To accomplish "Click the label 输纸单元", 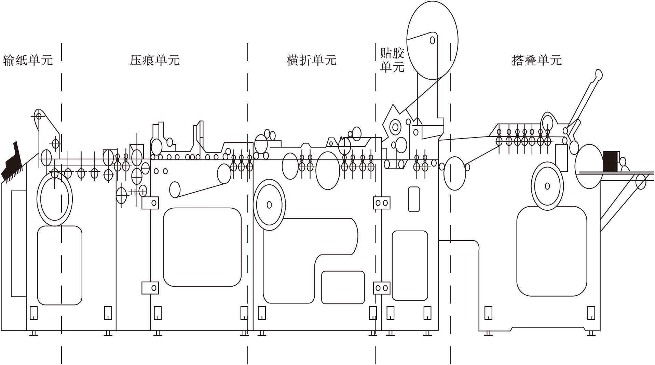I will click(28, 60).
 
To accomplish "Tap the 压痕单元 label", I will click(154, 60).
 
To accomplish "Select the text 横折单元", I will click(312, 60).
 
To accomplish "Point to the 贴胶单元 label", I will click(392, 60).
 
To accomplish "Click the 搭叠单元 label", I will click(536, 60).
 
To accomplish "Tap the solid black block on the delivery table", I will click(610, 161).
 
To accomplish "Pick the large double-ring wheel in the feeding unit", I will click(55, 199).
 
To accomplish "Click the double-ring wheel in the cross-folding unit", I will click(269, 205).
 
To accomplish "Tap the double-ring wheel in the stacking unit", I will click(547, 186).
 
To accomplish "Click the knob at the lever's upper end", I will click(598, 74).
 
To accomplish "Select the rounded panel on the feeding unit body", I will click(59, 265).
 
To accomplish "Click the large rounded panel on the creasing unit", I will click(202, 247).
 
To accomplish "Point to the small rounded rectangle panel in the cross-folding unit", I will click(343, 287).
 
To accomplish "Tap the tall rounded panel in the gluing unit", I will click(410, 265).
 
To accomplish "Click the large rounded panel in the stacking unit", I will click(551, 251).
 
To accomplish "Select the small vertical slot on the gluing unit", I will click(414, 199).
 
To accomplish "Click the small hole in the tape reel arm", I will click(432, 40).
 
